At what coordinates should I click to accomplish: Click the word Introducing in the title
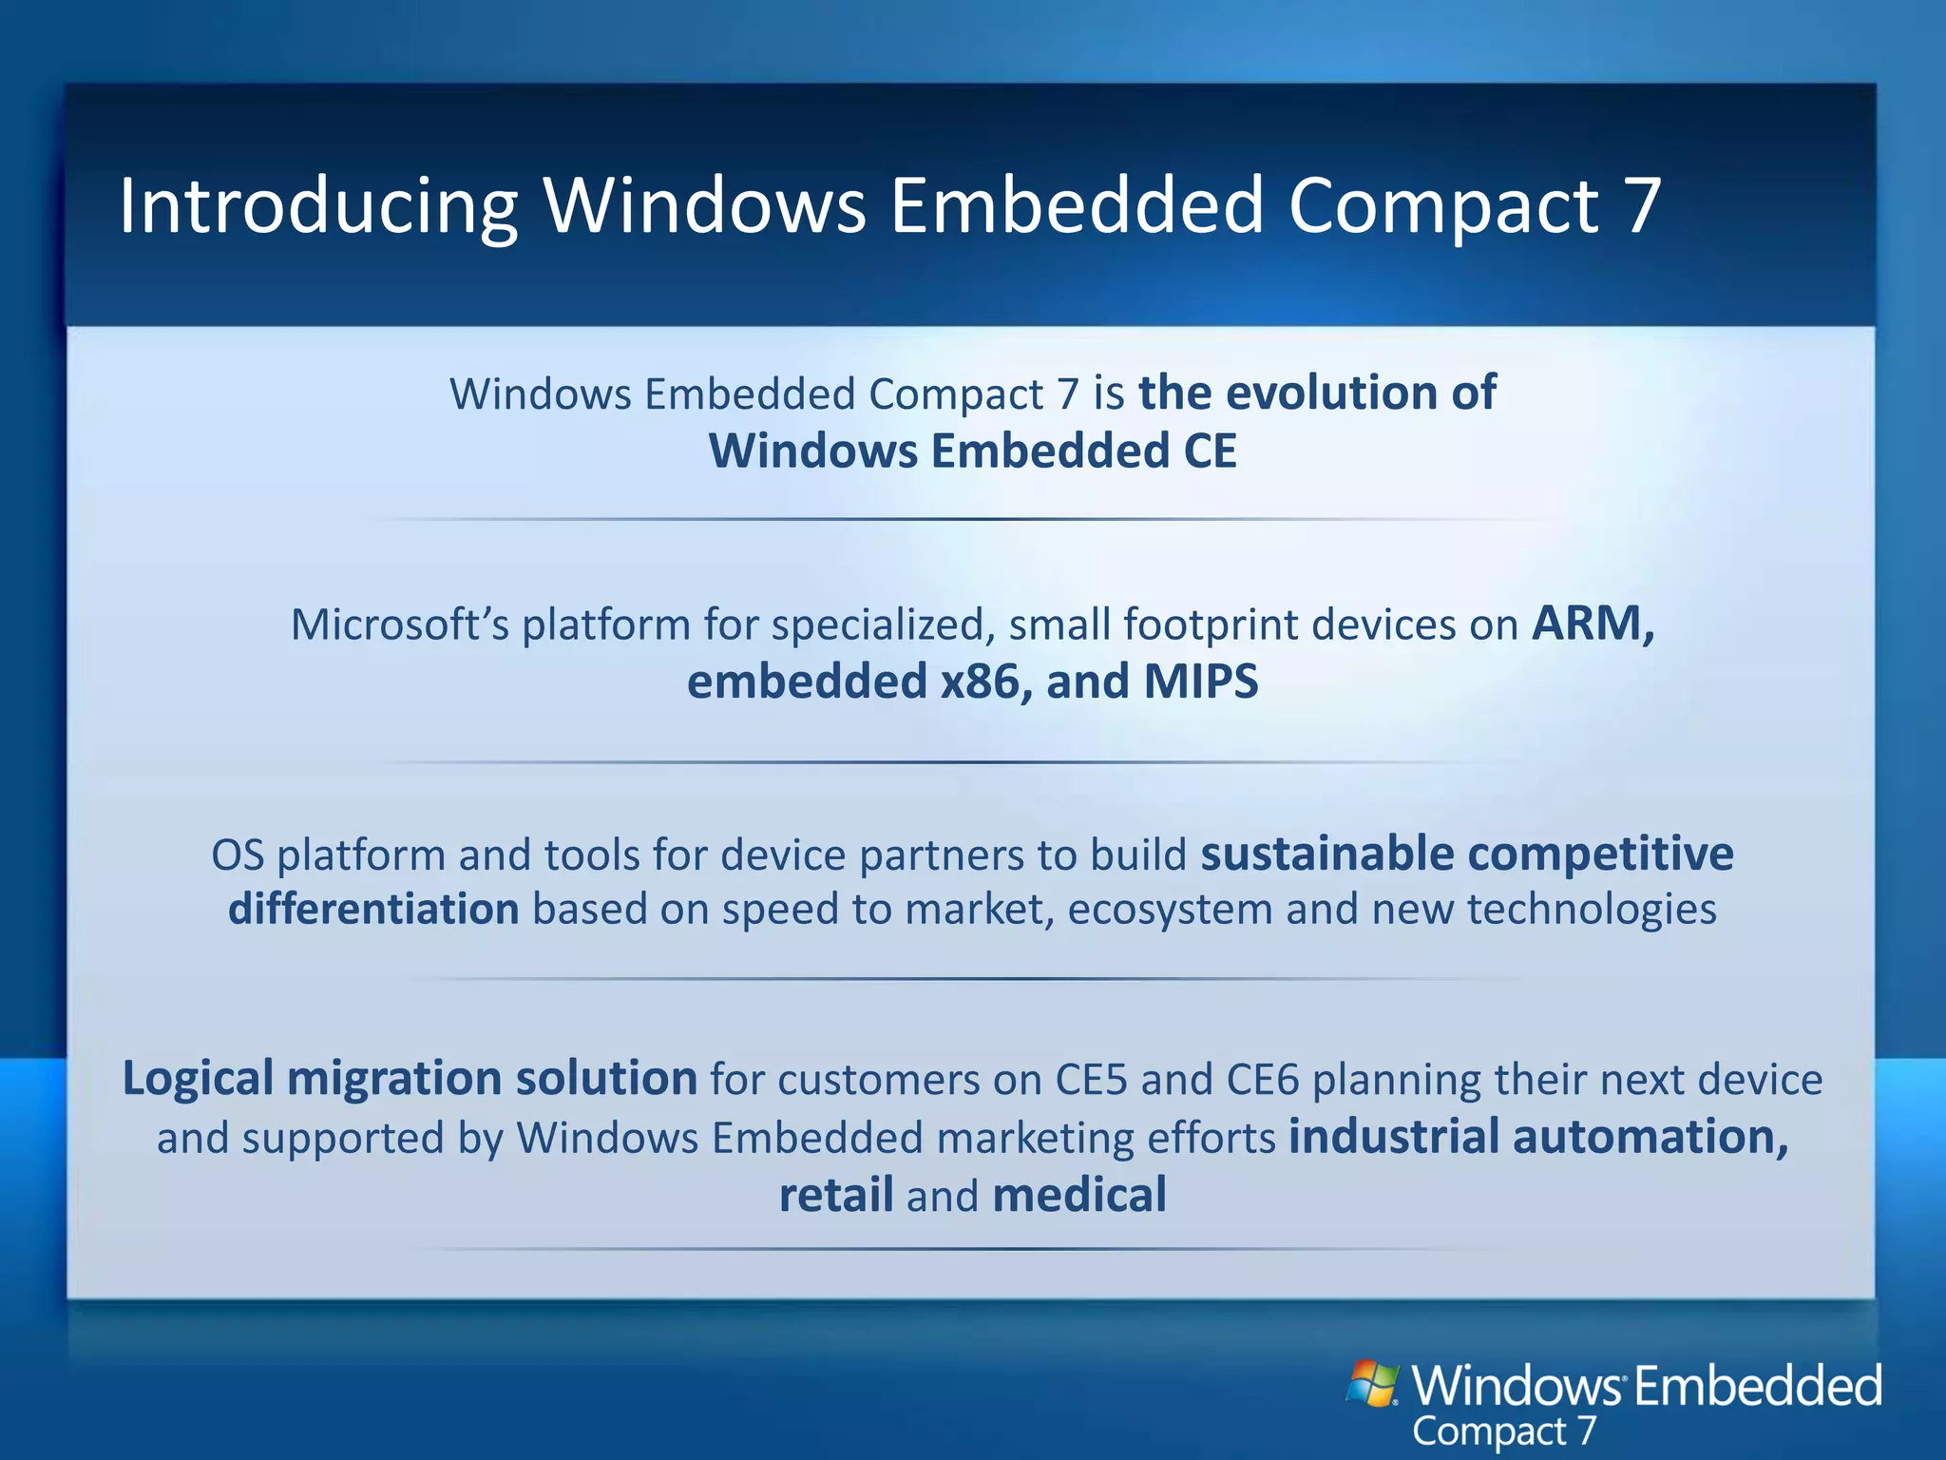coord(317,206)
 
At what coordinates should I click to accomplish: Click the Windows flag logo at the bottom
coord(1372,1384)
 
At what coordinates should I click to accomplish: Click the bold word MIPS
coord(1201,682)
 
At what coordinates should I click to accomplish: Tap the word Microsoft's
coord(399,624)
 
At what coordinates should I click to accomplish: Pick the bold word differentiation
coord(373,910)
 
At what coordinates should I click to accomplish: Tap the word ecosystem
coord(1170,910)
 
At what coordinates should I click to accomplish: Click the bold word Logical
coord(198,1079)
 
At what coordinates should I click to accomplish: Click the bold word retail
coord(835,1195)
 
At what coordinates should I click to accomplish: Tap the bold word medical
coord(1079,1195)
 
